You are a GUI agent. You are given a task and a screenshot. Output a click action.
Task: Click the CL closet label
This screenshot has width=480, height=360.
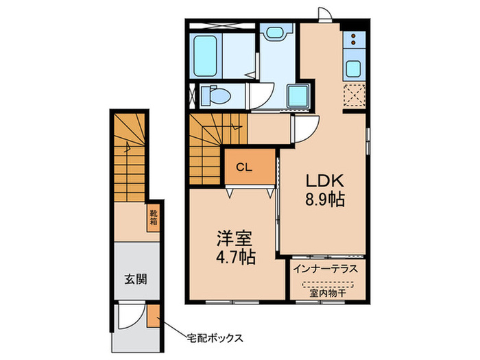(x=243, y=167)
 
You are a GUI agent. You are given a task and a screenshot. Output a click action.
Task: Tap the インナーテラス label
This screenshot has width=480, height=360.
(x=325, y=268)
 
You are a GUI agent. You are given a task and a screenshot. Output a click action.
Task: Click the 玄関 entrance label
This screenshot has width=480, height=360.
(x=135, y=279)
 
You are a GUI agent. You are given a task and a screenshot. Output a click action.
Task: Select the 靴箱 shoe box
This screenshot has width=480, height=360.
(x=154, y=217)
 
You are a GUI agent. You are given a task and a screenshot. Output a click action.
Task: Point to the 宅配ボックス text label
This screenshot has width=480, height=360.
(x=216, y=337)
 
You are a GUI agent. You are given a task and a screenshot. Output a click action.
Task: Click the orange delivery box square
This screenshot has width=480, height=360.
(x=154, y=319)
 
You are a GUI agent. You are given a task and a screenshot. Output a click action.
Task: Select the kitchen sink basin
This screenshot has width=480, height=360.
(x=355, y=69)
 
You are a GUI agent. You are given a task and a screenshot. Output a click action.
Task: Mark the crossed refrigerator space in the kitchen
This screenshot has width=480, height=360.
(x=355, y=96)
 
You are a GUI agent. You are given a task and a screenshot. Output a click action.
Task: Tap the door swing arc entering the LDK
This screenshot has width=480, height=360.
(x=306, y=128)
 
